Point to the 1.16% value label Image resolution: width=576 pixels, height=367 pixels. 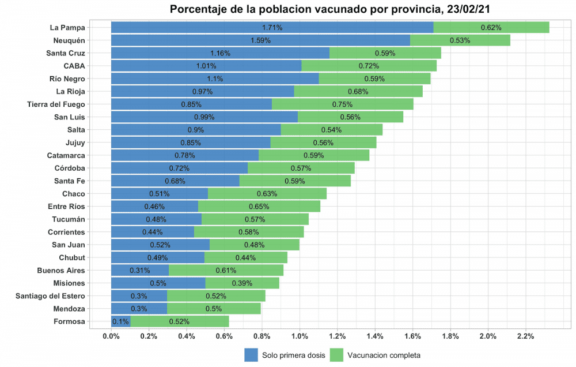pos(220,53)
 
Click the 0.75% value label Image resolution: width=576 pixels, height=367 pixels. pos(342,104)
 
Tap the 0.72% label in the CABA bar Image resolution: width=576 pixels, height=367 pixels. pos(369,66)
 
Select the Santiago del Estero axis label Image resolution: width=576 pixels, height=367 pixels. pos(50,296)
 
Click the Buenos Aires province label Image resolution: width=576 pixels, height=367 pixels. pos(61,271)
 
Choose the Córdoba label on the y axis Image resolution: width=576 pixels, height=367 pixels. pos(69,168)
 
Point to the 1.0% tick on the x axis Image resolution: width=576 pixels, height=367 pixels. pos(300,336)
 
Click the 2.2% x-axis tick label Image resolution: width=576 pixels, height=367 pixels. pos(525,336)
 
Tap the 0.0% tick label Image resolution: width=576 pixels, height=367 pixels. pos(111,336)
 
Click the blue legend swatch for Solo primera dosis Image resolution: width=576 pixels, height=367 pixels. pos(251,355)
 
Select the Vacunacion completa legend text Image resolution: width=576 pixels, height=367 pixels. pos(384,355)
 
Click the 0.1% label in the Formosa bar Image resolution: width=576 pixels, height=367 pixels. pos(120,321)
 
